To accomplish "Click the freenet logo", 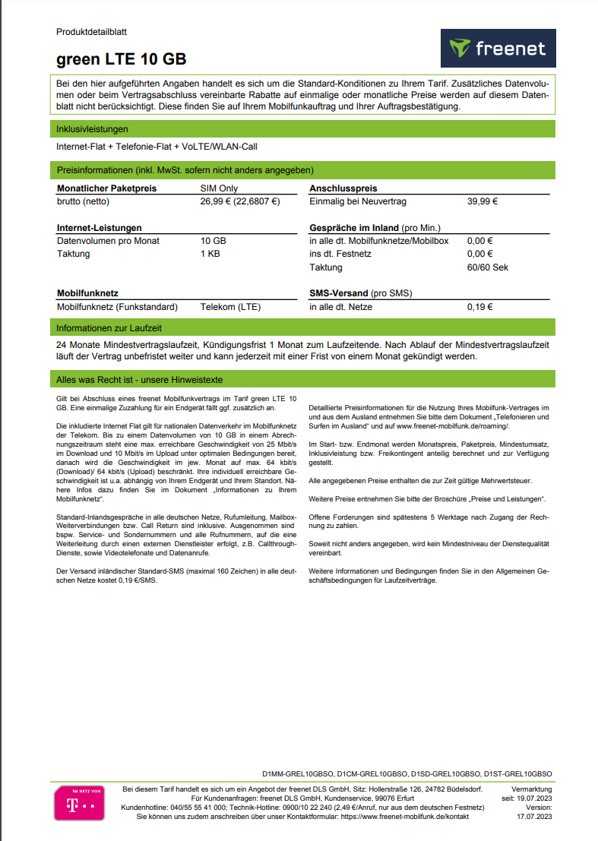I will pos(498,49).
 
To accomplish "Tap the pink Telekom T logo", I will pos(79,803).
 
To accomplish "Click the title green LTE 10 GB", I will pos(121,59).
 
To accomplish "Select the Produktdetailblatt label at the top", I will pos(91,32).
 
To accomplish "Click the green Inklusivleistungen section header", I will pos(92,129).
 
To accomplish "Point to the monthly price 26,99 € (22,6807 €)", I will pos(240,201).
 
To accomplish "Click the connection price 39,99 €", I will pos(482,201).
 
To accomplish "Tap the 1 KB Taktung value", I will pos(210,254).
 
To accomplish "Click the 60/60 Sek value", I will pos(487,267).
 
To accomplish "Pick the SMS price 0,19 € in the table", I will pos(479,307).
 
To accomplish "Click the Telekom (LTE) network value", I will pos(230,307).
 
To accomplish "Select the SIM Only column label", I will pos(219,188).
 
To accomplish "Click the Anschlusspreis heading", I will pos(343,188).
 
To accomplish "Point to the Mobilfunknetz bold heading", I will pos(87,293).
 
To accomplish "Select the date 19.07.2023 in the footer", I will pos(532,798).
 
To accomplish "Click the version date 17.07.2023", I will pos(534,817).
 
